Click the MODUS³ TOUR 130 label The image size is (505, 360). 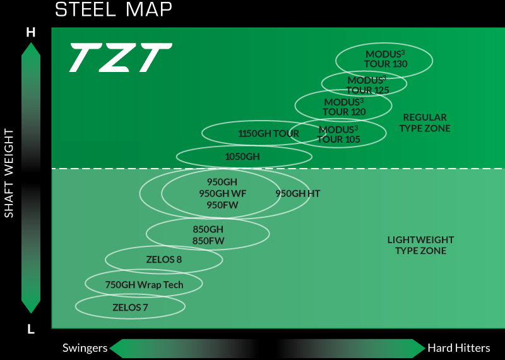pos(386,59)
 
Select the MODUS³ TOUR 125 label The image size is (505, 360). pos(367,85)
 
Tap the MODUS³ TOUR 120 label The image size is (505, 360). pos(344,107)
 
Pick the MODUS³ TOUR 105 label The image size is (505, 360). pos(338,135)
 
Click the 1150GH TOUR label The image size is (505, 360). pos(268,133)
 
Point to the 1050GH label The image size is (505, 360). pos(242,156)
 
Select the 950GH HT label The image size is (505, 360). pos(298,193)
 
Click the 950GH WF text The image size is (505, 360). pos(222,193)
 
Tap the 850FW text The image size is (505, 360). pos(208,241)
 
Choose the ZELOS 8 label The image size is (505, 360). pos(164,259)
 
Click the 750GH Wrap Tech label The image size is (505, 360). pos(144,285)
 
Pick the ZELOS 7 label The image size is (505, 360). pos(130,308)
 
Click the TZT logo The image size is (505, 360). pos(120,57)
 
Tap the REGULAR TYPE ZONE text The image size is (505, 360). pos(425,123)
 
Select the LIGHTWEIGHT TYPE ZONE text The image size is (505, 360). pos(420,245)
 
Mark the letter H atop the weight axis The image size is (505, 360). pos(30,32)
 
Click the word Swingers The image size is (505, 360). pos(85,348)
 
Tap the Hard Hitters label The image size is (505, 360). pos(458,348)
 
